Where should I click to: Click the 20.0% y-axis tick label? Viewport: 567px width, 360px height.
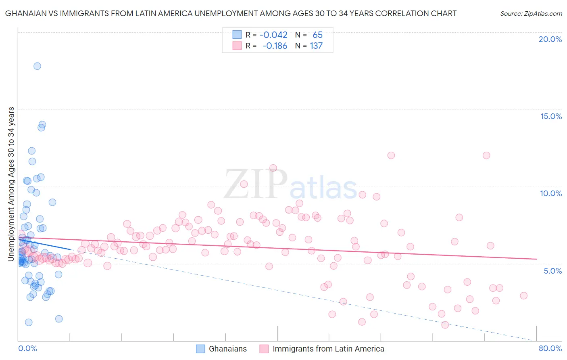(x=550, y=39)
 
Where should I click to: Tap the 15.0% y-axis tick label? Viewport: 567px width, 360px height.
(x=551, y=116)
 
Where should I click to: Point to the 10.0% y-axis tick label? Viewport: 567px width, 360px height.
(x=551, y=193)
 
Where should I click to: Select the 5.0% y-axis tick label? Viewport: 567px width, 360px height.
(x=552, y=271)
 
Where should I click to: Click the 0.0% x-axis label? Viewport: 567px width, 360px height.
(x=27, y=348)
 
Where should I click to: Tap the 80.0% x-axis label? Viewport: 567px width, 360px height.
(x=550, y=348)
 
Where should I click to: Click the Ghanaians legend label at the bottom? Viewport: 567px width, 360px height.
(x=227, y=349)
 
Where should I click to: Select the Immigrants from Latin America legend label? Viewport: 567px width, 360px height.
(x=328, y=349)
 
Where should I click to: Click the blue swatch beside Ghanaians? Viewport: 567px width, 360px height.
(x=200, y=349)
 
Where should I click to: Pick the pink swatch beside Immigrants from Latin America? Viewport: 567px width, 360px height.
(x=264, y=349)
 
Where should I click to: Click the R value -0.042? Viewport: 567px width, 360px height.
(x=273, y=35)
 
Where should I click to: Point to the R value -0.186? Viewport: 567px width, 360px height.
(x=275, y=46)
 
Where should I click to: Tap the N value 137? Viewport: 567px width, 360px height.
(x=316, y=46)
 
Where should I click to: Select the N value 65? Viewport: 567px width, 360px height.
(x=317, y=35)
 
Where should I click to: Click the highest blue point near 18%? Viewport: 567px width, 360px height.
(x=37, y=66)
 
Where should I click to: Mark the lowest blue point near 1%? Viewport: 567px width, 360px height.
(x=29, y=322)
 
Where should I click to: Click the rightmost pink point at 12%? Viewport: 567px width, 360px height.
(x=486, y=155)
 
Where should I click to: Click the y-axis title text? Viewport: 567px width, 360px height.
(x=11, y=184)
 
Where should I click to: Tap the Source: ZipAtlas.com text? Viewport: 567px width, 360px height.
(x=531, y=14)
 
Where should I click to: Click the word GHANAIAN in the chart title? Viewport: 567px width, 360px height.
(x=23, y=14)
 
